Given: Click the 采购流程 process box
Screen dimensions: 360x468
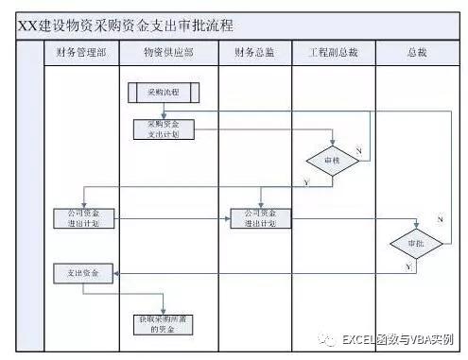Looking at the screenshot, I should click(163, 93).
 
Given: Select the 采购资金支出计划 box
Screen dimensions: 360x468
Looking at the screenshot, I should click(163, 129).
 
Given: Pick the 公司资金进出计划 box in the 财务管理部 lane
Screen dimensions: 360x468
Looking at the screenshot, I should click(82, 218).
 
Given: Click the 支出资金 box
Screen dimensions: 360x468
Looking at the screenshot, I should click(82, 273).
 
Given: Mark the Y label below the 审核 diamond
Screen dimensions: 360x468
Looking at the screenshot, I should click(306, 180).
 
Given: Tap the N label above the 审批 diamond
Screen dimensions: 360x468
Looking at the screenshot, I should click(440, 219).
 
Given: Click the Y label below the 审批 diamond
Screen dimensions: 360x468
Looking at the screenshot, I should click(407, 267).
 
